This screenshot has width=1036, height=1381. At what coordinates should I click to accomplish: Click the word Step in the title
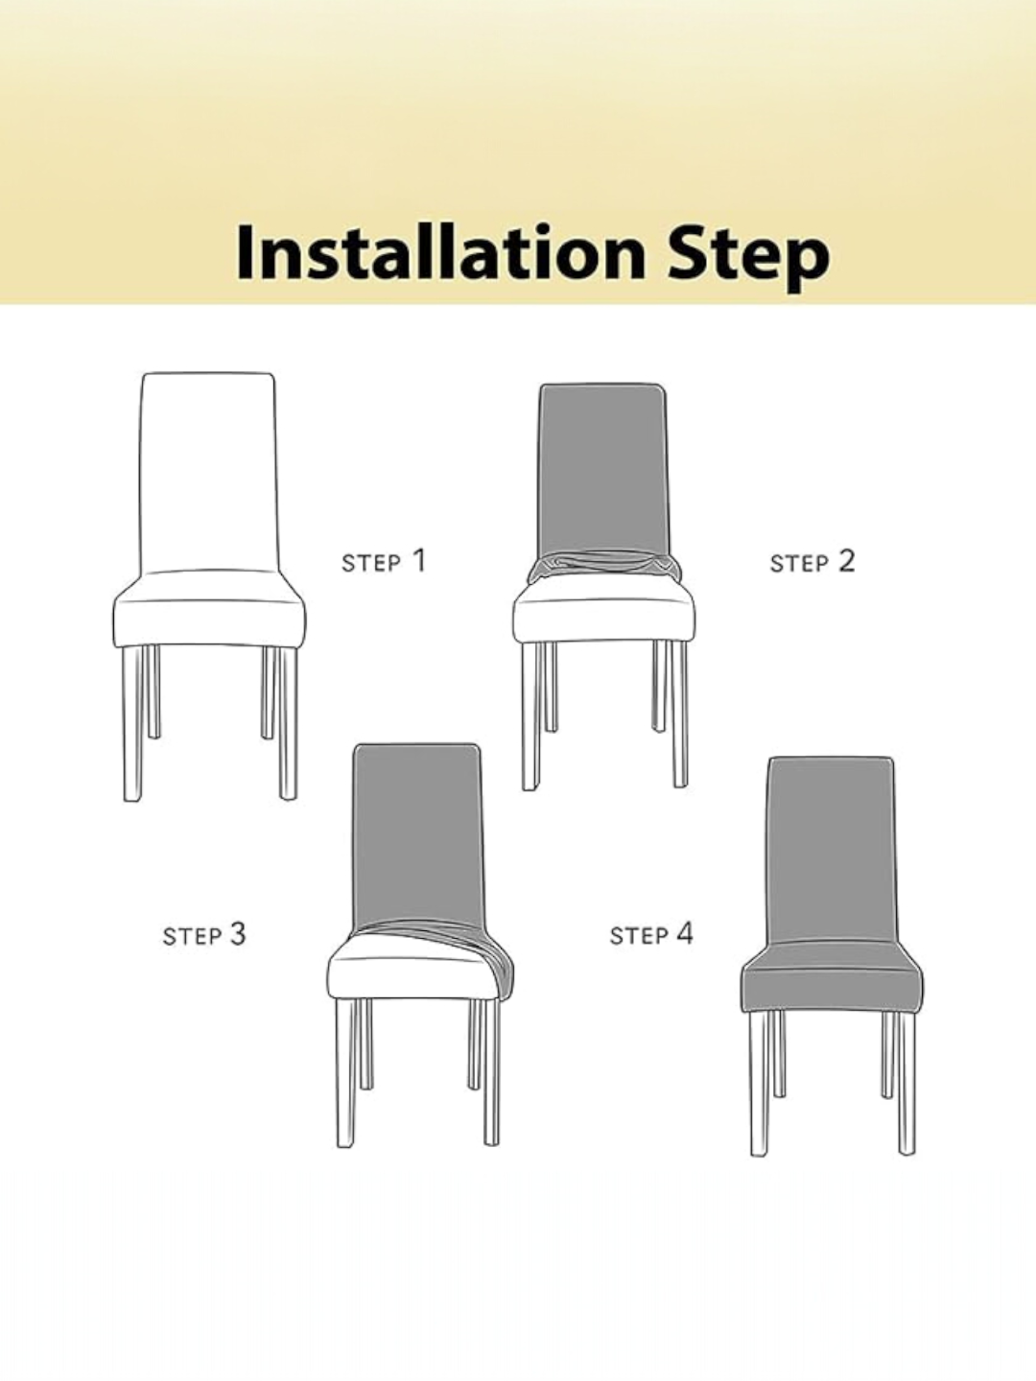coord(749,257)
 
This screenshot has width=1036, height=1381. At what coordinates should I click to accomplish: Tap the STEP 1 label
coord(384,561)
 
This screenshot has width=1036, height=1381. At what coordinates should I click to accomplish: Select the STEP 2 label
coord(812,561)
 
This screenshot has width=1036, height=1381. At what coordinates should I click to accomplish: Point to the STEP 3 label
coord(204,934)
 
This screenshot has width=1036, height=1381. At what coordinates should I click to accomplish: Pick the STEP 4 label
coord(651,934)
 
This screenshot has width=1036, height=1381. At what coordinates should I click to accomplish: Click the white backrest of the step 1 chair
coord(207,472)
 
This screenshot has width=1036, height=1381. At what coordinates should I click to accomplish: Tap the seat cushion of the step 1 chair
coord(209,609)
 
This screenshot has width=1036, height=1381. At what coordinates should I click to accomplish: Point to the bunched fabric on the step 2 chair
coord(604,566)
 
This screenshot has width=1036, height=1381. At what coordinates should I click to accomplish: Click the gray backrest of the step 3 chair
coord(417,837)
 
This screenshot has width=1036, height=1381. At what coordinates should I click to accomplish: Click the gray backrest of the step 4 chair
coord(832,851)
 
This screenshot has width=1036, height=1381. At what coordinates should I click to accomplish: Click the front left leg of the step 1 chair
coord(132,723)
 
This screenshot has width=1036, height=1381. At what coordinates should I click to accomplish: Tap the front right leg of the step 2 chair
coord(679,714)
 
